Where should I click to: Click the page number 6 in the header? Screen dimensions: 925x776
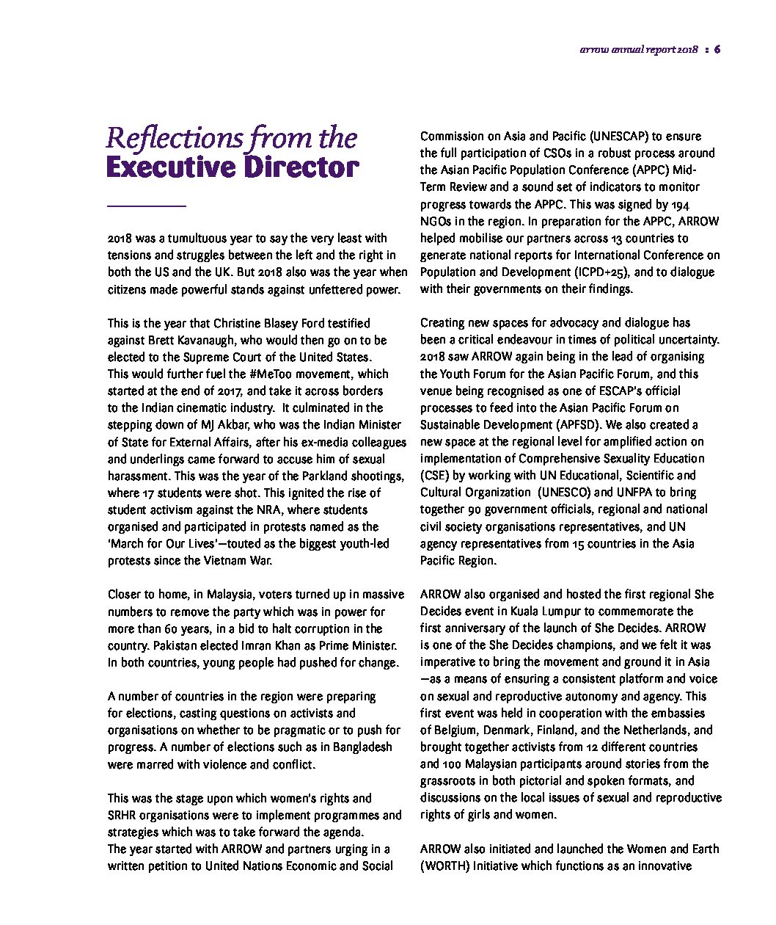pyautogui.click(x=717, y=50)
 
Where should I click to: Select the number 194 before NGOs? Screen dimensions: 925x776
pyautogui.click(x=680, y=204)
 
